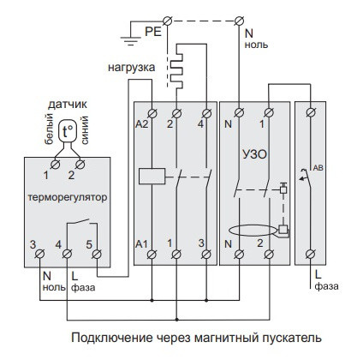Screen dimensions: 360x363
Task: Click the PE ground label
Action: [x=152, y=32]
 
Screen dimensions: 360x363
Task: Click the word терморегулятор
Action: [x=66, y=196]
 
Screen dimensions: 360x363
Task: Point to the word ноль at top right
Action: [x=258, y=43]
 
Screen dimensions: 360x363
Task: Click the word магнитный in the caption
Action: [x=211, y=338]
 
